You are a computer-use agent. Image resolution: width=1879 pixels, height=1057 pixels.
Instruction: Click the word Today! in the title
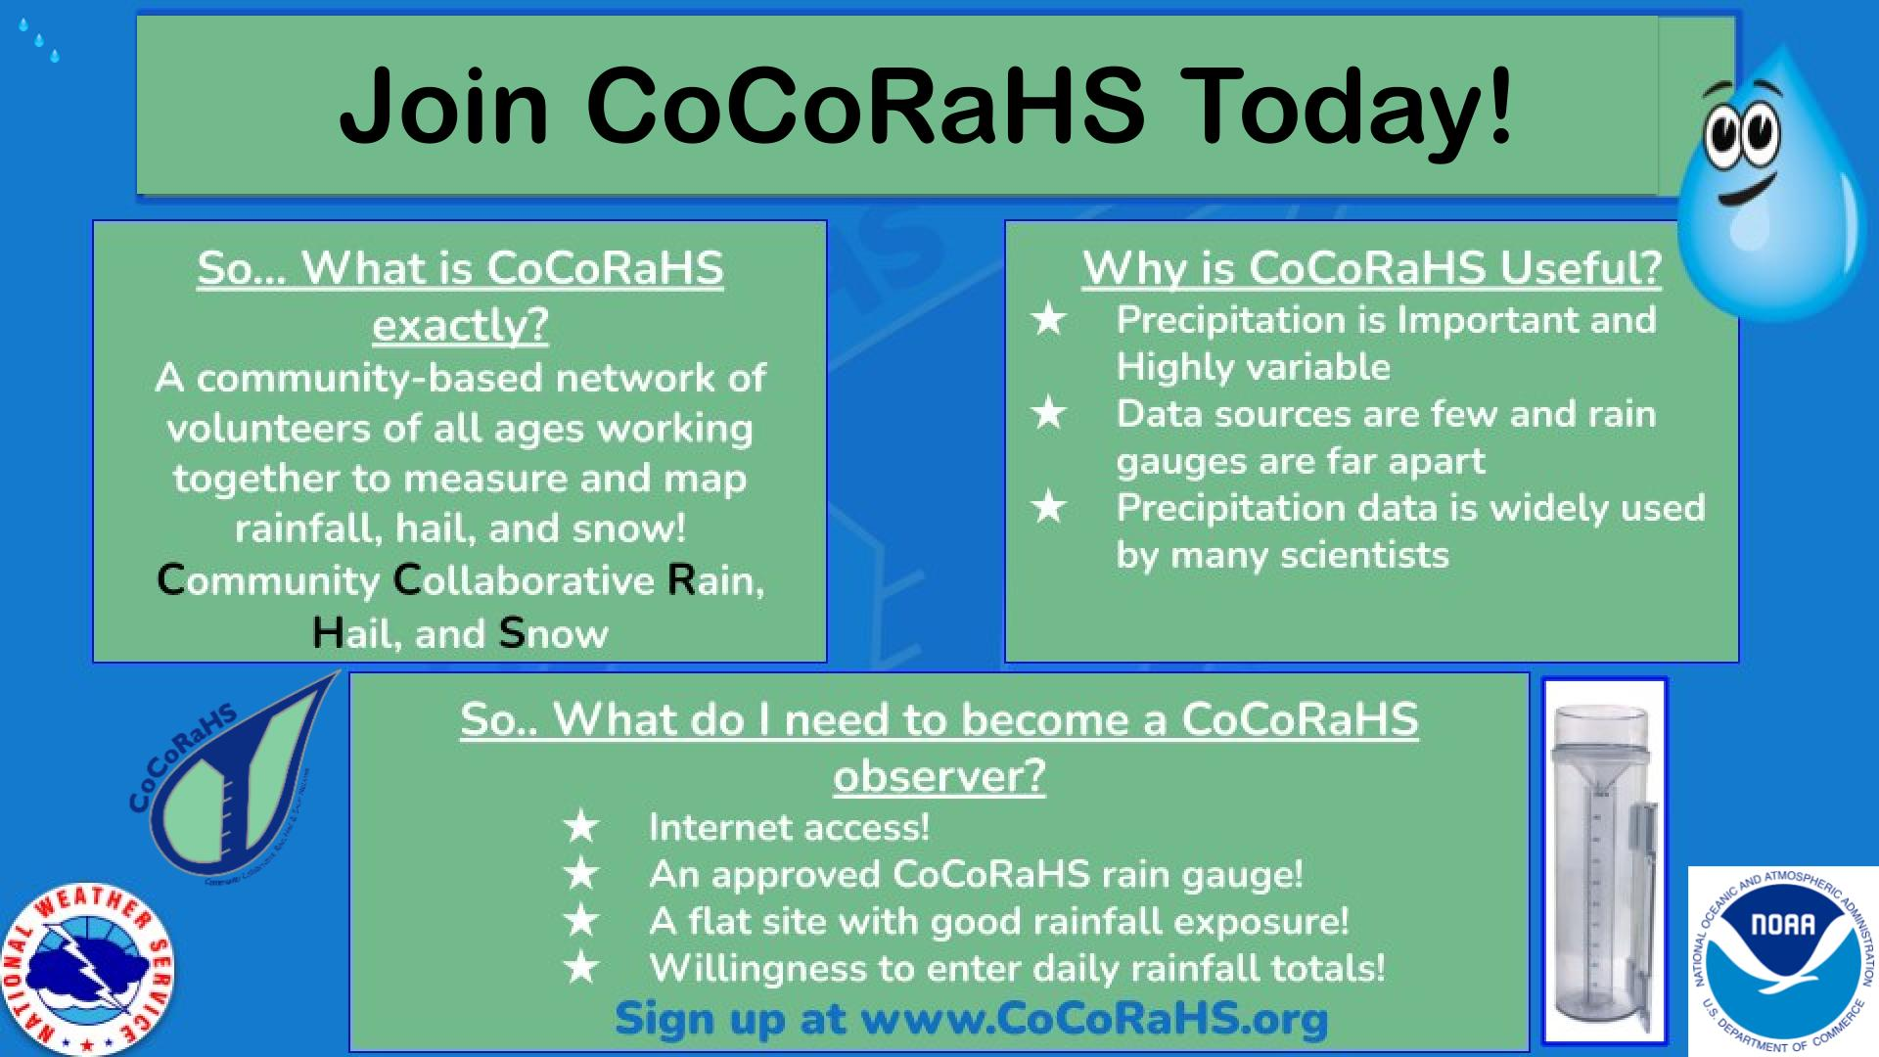[1350, 106]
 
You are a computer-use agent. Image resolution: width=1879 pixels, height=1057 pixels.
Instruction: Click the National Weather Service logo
[89, 969]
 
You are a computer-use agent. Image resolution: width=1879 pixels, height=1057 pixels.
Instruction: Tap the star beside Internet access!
[581, 826]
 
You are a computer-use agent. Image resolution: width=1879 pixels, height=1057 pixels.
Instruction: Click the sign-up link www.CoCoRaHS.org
[1094, 1018]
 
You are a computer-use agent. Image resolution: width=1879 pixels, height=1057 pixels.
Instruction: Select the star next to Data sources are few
[1048, 413]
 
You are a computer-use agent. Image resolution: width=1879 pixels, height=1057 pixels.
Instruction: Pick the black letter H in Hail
[327, 633]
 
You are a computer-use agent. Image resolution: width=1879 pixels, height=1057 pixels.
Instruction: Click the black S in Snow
[512, 633]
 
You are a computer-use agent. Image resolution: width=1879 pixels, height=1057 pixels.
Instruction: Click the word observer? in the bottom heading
[939, 775]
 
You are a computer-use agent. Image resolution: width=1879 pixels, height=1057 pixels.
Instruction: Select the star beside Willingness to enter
[581, 967]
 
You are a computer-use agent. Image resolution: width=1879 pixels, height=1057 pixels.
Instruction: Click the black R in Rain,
[681, 580]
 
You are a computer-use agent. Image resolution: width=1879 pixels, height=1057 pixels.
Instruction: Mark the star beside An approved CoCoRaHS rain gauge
[581, 873]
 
